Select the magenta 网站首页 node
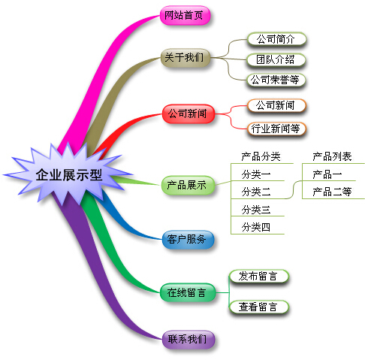click(183, 16)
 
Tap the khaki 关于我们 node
click(183, 57)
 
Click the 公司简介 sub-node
click(276, 39)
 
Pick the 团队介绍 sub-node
click(276, 59)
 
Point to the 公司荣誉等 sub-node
click(276, 78)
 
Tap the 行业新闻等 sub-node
click(276, 128)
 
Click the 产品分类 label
click(261, 156)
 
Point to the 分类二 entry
click(256, 192)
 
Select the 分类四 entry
click(256, 227)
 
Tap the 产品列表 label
click(331, 156)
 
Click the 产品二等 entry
click(331, 192)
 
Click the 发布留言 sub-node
click(258, 277)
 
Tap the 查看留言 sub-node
click(258, 307)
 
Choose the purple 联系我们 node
click(188, 339)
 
